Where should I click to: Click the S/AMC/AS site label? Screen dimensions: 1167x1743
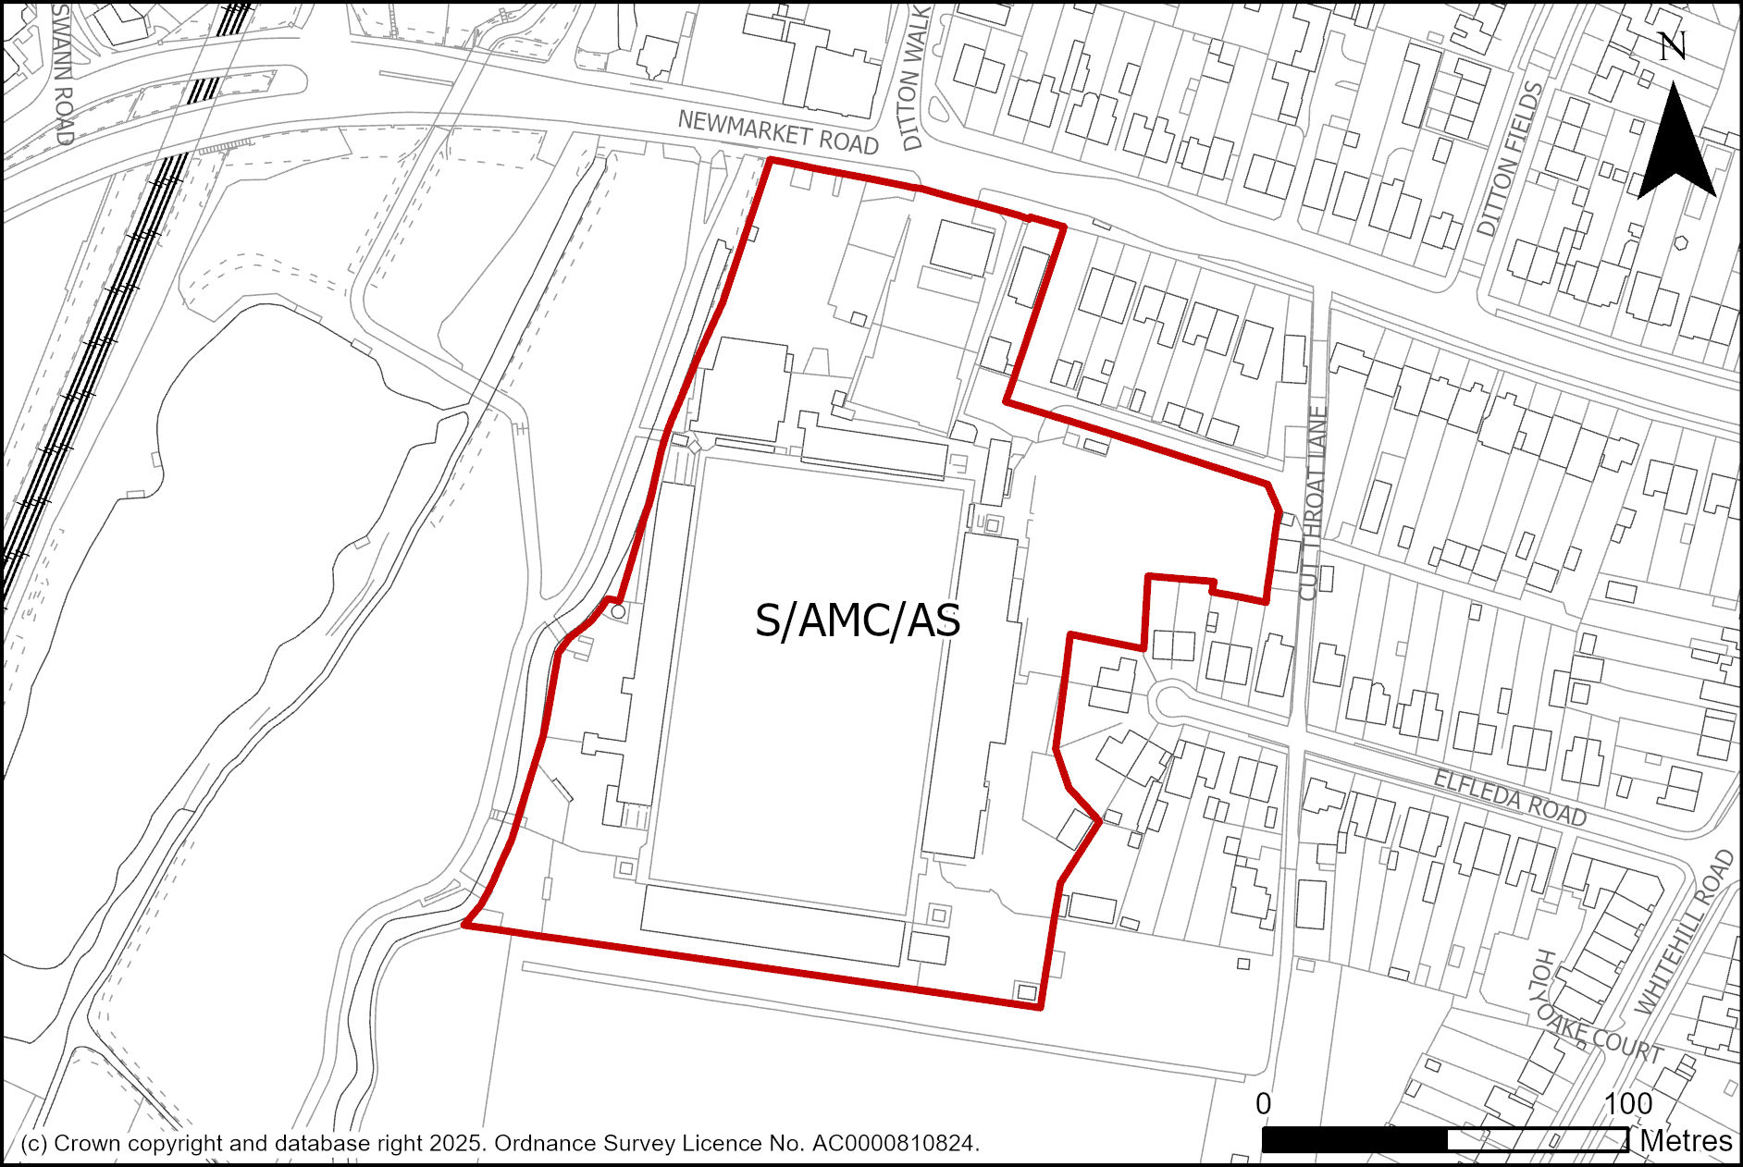(x=858, y=620)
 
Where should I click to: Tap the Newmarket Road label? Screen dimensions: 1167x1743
(x=777, y=132)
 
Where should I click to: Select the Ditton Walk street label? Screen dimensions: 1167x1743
(x=914, y=80)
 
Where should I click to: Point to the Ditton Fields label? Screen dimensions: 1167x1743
(x=1510, y=159)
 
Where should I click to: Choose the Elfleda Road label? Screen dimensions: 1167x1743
(x=1510, y=797)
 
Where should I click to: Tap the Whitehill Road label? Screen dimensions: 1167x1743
(x=1684, y=934)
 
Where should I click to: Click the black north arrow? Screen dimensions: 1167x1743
(x=1675, y=148)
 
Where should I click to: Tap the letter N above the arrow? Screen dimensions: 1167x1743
(x=1672, y=47)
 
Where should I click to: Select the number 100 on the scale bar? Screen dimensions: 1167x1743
(x=1628, y=1103)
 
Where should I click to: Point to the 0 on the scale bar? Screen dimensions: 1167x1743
(x=1264, y=1103)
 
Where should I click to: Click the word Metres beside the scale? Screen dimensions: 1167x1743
(x=1686, y=1141)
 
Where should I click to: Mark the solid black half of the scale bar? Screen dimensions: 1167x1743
(x=1354, y=1140)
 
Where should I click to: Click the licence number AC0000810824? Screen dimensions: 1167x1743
(x=894, y=1144)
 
